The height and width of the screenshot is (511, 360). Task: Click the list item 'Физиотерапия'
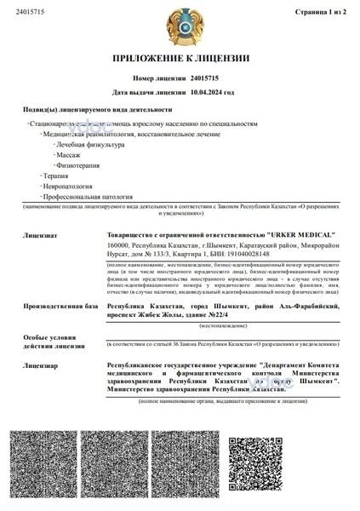(x=76, y=168)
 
